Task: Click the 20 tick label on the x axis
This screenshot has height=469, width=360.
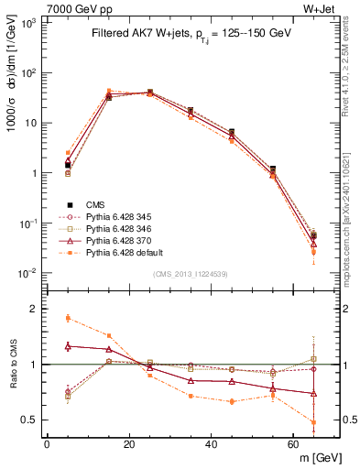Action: click(129, 444)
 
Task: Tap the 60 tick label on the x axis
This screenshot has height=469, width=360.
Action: click(294, 444)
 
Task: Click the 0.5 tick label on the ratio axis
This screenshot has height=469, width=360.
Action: click(31, 420)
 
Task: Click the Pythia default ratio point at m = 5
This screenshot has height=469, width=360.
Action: click(68, 318)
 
